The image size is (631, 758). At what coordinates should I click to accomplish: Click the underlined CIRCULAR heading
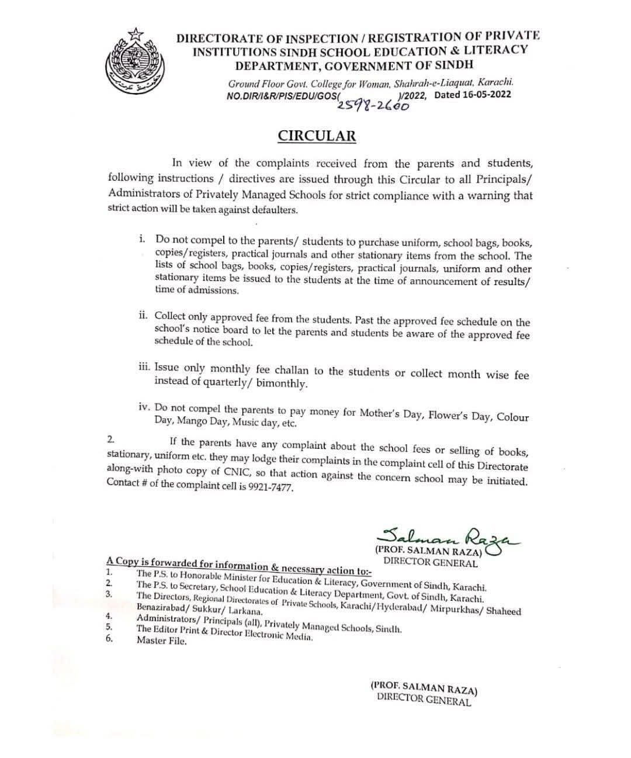point(316,136)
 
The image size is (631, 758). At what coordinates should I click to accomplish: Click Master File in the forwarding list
point(161,641)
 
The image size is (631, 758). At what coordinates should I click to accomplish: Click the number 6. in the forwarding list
point(109,638)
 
